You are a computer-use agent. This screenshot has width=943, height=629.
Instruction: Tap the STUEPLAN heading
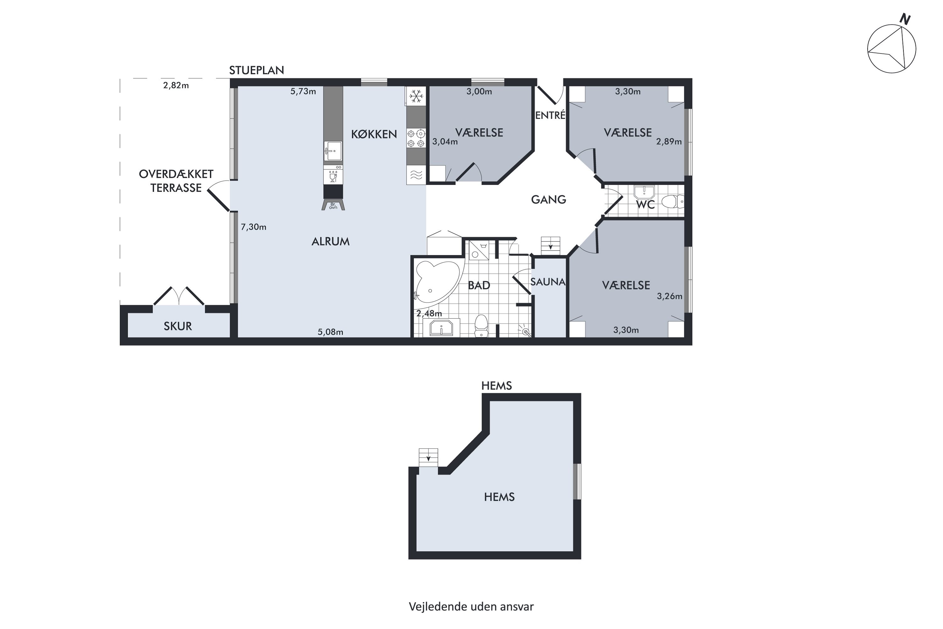256,70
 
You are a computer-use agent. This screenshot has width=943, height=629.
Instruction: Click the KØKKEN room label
374,134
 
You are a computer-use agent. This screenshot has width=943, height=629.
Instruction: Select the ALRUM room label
331,242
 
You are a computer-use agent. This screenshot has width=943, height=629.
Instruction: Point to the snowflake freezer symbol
416,96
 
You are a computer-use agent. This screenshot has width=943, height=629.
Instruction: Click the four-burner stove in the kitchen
416,138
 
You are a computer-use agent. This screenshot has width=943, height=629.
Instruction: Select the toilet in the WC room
672,201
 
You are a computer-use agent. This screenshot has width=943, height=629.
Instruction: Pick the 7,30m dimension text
253,227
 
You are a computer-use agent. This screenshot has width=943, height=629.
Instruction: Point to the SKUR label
178,326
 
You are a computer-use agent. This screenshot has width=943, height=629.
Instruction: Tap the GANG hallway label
549,199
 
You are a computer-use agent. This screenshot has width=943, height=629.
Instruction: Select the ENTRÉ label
550,115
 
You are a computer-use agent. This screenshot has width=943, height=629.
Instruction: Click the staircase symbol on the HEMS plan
429,458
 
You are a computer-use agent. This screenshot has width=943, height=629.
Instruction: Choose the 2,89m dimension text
669,142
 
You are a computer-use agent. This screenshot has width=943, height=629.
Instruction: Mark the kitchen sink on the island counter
333,151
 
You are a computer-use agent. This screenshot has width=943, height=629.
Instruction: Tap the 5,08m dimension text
330,332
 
